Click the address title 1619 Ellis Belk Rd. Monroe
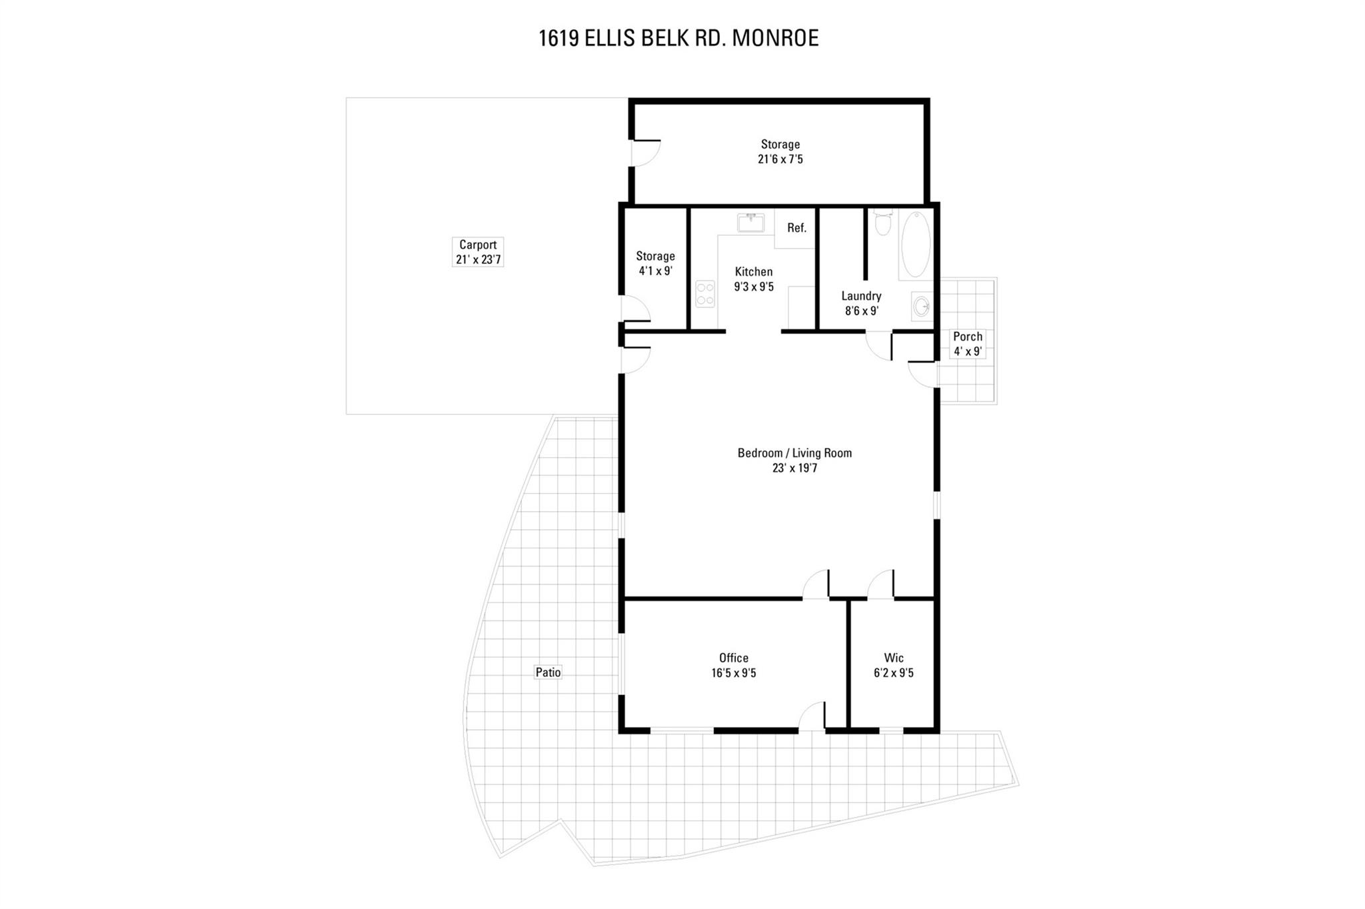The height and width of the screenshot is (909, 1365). (x=679, y=38)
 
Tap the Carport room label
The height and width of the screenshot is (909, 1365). (x=478, y=252)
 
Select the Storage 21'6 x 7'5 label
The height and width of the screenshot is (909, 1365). (x=780, y=151)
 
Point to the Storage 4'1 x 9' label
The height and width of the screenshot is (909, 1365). (x=655, y=263)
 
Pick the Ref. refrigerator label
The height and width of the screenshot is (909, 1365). (x=796, y=228)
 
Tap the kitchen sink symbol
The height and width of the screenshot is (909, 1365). (x=751, y=223)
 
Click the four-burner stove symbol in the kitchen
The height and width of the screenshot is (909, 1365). (x=705, y=294)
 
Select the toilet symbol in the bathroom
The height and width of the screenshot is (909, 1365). (x=882, y=223)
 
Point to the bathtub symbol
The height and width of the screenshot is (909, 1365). (x=916, y=244)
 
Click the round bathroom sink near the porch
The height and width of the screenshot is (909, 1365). (x=922, y=307)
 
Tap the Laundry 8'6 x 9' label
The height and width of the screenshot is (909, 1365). (x=861, y=303)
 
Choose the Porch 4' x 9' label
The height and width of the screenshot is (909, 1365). (x=967, y=344)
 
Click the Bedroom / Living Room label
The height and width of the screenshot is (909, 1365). (x=794, y=460)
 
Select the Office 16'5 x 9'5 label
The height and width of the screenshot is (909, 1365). (x=733, y=665)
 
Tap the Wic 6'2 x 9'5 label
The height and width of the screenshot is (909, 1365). (x=893, y=665)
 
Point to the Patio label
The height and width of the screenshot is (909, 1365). (x=548, y=672)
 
